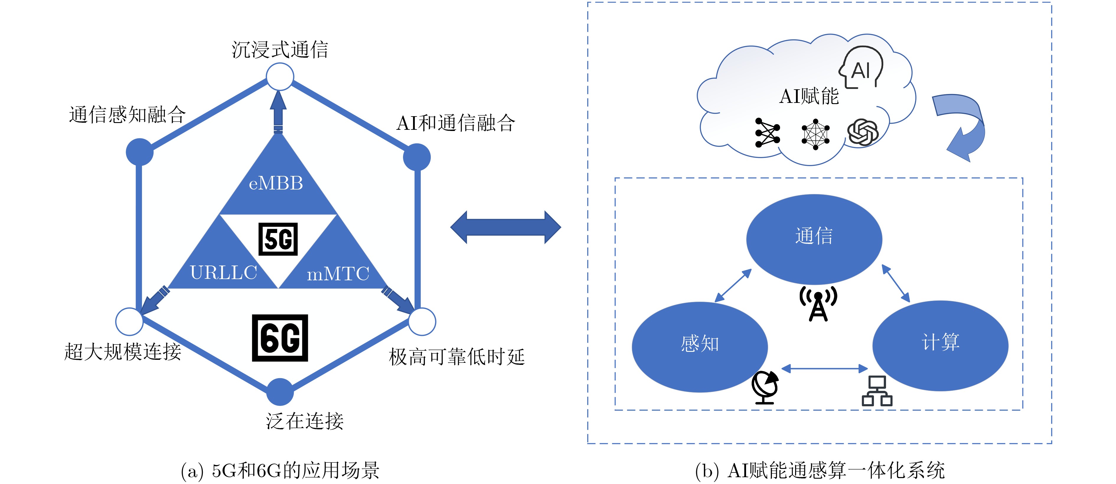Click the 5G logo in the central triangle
(278, 239)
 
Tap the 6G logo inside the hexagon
(280, 338)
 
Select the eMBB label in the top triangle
(276, 183)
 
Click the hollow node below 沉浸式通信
(280, 77)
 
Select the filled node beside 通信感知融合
(139, 152)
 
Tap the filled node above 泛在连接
(280, 392)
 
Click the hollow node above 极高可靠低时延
(422, 321)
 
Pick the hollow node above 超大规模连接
(129, 321)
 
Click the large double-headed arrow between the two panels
(505, 227)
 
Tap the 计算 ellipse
(940, 345)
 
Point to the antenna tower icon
(818, 304)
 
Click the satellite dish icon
(765, 387)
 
